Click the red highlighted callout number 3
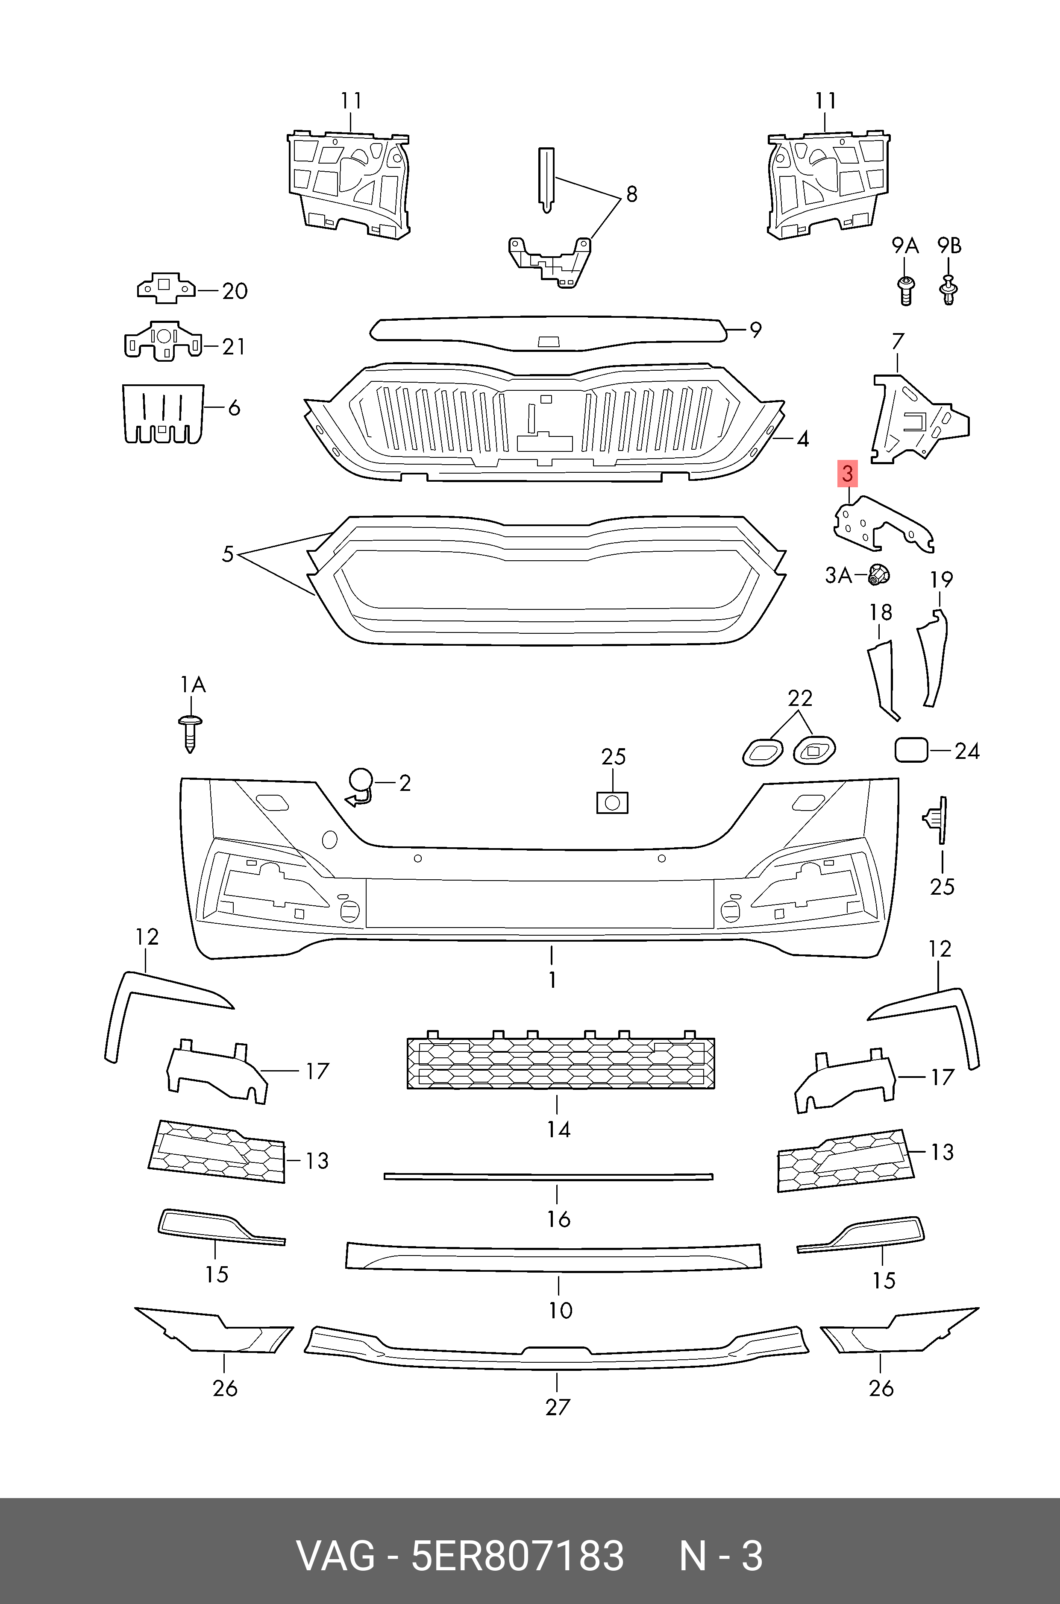tap(847, 474)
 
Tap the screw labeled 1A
tap(190, 733)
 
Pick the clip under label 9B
tap(949, 290)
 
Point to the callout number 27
tap(558, 1408)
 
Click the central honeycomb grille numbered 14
tap(561, 1063)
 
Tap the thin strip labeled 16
tap(548, 1177)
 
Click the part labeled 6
tap(162, 413)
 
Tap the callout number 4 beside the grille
tap(802, 439)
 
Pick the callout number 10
tap(561, 1311)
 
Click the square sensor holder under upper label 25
tap(613, 803)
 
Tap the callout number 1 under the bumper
tap(552, 979)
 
